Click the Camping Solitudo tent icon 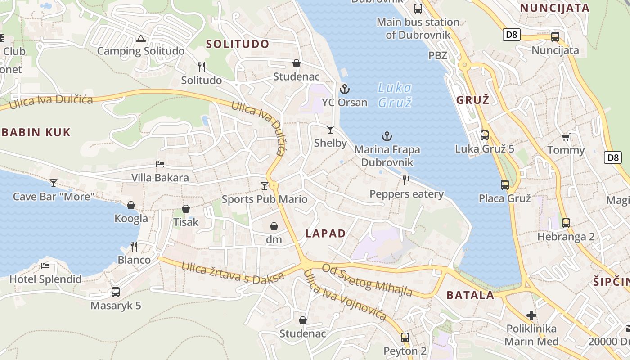coord(141,39)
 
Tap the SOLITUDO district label coord(238,44)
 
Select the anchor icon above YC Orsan coord(345,89)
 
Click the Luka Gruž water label coord(395,95)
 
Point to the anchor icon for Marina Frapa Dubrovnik coord(387,136)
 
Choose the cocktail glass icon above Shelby coord(330,130)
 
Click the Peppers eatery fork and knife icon coord(406,180)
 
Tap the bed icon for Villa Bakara coord(160,164)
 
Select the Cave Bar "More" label coord(54,197)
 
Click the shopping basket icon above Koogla coord(131,205)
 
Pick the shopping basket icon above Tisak coord(186,209)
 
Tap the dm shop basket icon coord(274,226)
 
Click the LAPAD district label coord(325,234)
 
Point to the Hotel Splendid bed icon coord(45,265)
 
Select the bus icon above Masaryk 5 coord(116,292)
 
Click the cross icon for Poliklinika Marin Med coord(531,315)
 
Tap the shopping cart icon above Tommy coord(566,137)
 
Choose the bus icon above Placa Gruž coord(505,184)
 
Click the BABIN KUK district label coord(36,132)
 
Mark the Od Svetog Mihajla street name coord(367,280)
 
